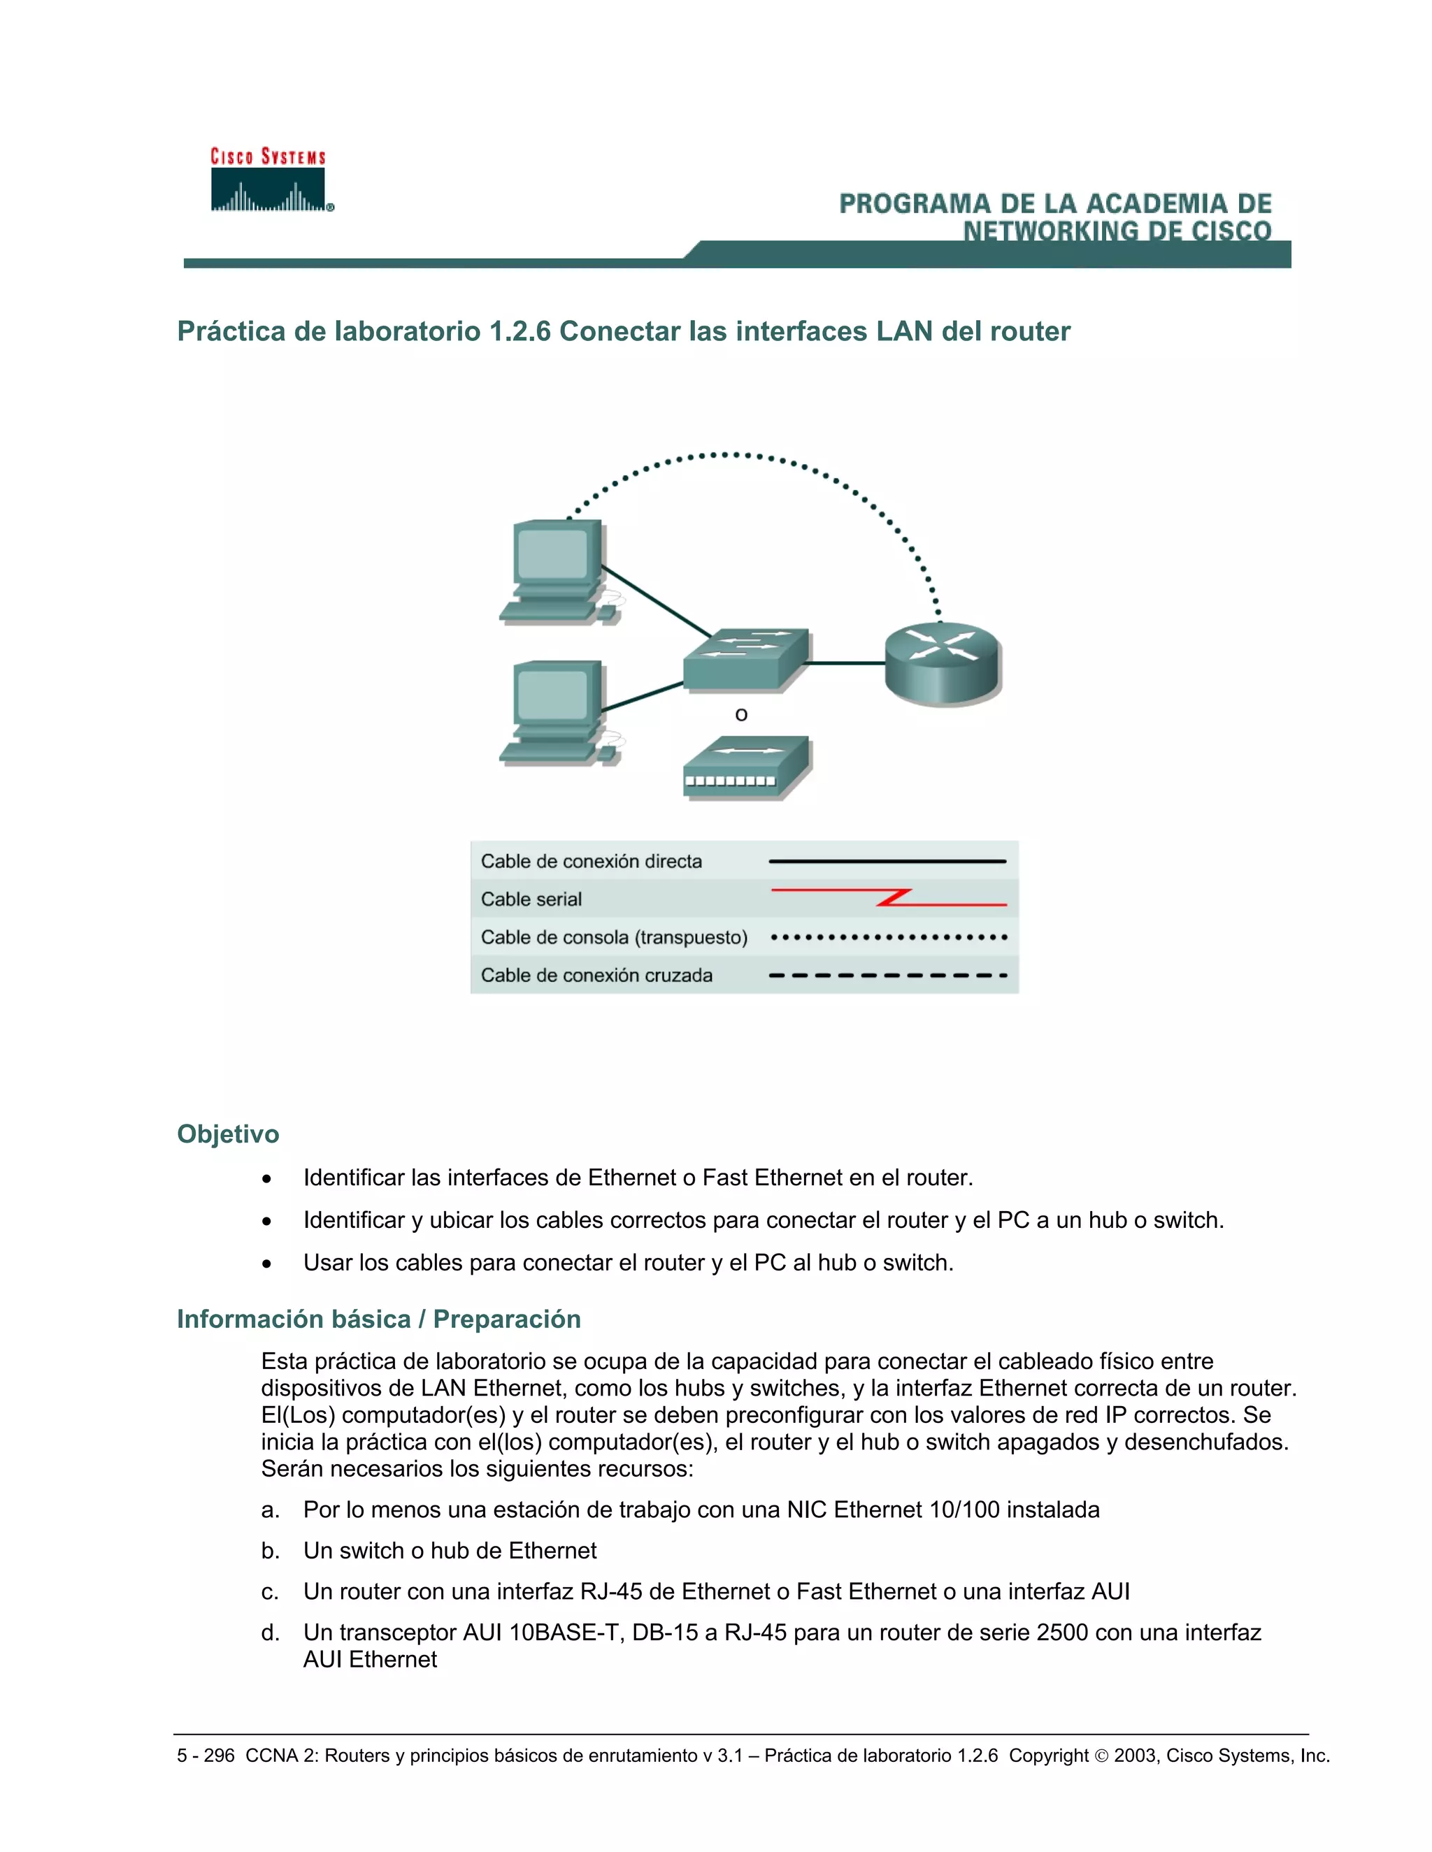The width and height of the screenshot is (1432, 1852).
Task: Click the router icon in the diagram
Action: pyautogui.click(x=943, y=663)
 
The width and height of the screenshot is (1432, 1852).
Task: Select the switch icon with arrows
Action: pyautogui.click(x=745, y=658)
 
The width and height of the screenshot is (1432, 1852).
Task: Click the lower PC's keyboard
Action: pyautogui.click(x=548, y=751)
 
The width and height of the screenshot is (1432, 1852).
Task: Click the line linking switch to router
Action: pyautogui.click(x=846, y=663)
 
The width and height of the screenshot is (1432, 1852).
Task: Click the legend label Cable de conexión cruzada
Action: pyautogui.click(x=596, y=975)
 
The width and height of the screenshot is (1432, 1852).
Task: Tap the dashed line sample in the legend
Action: pyautogui.click(x=887, y=975)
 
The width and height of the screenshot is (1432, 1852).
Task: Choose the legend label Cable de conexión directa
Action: pyautogui.click(x=592, y=862)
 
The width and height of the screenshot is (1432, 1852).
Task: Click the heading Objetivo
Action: pyautogui.click(x=227, y=1134)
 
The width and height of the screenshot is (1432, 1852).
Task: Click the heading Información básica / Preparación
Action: pyautogui.click(x=378, y=1319)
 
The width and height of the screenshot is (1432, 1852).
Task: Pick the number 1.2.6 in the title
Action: pyautogui.click(x=520, y=331)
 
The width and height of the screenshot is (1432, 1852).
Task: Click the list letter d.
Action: pyautogui.click(x=270, y=1633)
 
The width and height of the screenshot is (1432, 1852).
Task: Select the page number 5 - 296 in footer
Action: pyautogui.click(x=206, y=1756)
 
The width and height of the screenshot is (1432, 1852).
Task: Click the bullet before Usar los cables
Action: pyautogui.click(x=267, y=1264)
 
